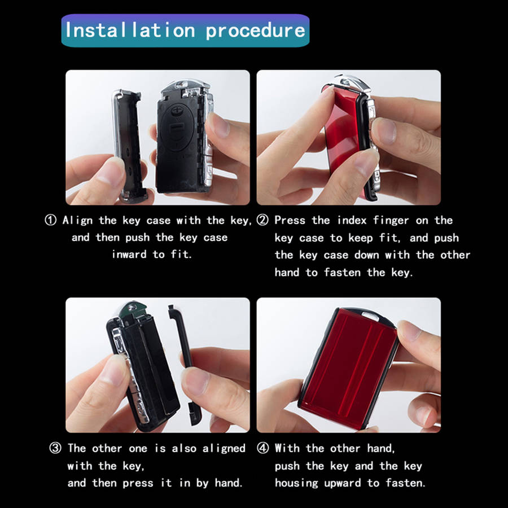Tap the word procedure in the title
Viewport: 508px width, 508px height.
coord(255,30)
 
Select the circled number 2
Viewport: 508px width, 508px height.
coord(262,221)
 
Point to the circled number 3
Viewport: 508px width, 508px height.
coord(55,449)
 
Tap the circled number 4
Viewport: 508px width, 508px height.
coord(262,449)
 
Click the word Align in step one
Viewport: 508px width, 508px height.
coord(78,221)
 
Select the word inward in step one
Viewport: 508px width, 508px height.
coord(129,255)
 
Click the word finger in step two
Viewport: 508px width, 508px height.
coord(392,221)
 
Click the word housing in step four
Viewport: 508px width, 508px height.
coord(296,483)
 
